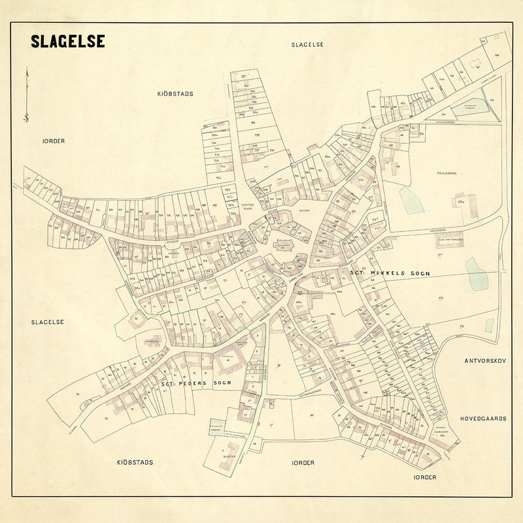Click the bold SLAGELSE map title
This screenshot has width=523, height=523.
click(x=67, y=41)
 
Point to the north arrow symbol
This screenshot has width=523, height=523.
click(x=26, y=95)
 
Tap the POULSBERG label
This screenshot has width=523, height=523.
click(x=447, y=174)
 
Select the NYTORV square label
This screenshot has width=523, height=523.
click(x=301, y=211)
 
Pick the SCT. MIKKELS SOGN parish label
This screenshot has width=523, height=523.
click(x=390, y=273)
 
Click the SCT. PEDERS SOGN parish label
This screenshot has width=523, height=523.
click(x=193, y=384)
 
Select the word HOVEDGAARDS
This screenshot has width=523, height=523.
click(x=483, y=418)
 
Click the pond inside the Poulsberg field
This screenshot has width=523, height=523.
click(x=412, y=200)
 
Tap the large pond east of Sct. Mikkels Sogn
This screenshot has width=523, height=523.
click(x=477, y=273)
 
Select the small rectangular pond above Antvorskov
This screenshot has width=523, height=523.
click(x=489, y=325)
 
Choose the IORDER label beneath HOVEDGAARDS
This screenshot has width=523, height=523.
click(x=425, y=477)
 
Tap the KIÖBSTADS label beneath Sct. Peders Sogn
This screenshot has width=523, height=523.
click(x=135, y=462)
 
